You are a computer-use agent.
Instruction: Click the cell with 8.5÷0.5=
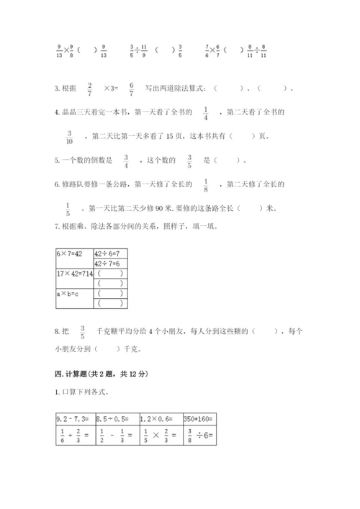tap(115, 418)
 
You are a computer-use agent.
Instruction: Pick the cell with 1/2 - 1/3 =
tap(115, 435)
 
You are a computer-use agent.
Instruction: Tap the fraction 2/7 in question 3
tap(89, 88)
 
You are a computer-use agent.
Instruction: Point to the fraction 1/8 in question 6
tap(206, 185)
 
